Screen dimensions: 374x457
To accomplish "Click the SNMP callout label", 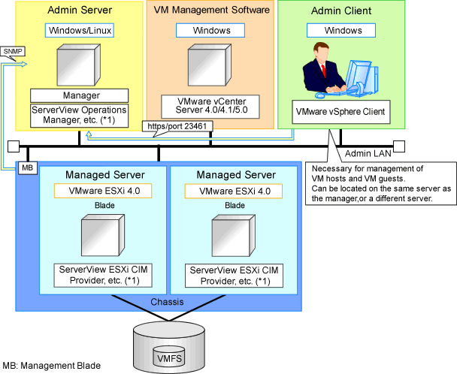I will click(12, 53).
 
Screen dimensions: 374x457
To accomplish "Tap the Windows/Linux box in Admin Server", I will click(79, 31).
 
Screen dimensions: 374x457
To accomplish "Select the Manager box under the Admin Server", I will click(79, 95).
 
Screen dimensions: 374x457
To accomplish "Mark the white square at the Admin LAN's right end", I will click(398, 145).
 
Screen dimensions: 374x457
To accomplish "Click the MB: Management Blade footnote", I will click(51, 366).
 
